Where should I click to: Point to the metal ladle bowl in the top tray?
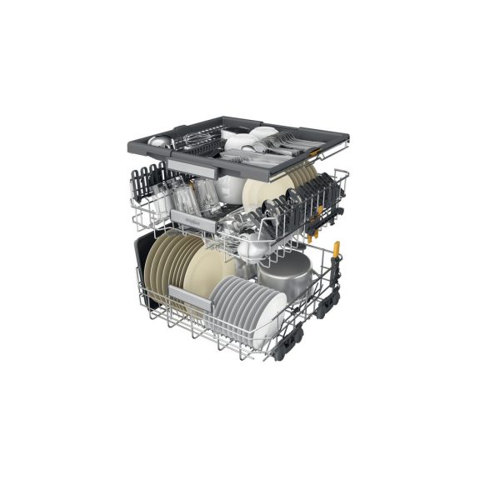[x=158, y=142]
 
